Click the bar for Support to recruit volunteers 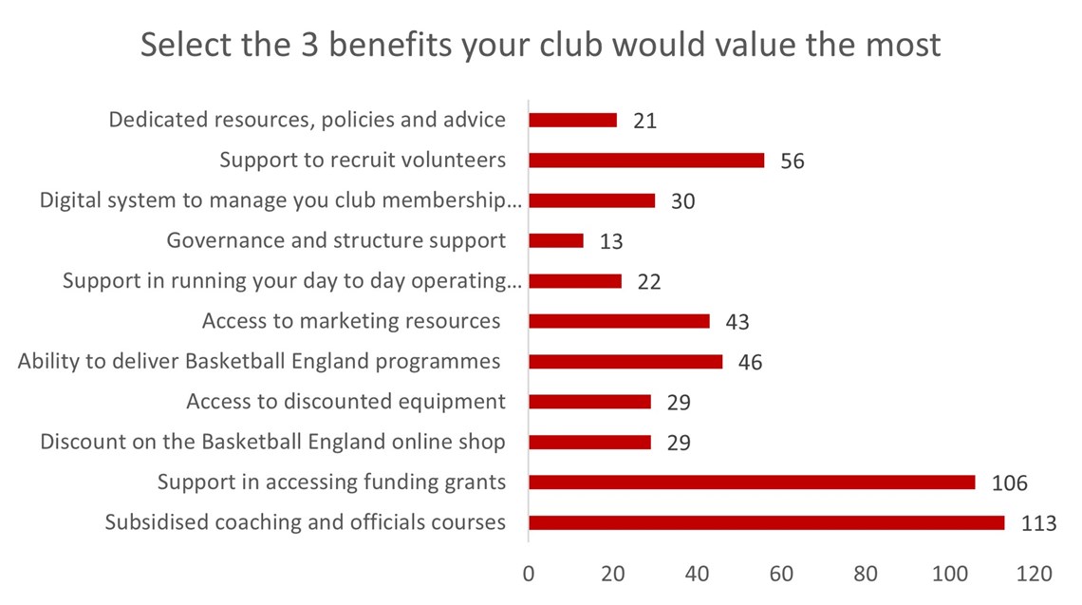click(x=645, y=161)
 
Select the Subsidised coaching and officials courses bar click(x=766, y=522)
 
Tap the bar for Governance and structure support click(x=555, y=241)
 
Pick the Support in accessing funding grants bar click(x=751, y=482)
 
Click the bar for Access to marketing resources click(x=619, y=321)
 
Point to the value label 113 click(x=1038, y=523)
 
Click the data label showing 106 click(x=1009, y=483)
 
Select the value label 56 click(x=792, y=161)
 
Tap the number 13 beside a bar click(x=610, y=242)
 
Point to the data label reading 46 click(x=750, y=363)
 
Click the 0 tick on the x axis click(x=529, y=575)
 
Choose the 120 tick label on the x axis click(x=1034, y=575)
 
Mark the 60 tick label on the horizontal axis click(x=781, y=575)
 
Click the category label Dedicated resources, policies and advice click(x=307, y=121)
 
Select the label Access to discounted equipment click(x=345, y=402)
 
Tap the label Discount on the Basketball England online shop click(x=272, y=442)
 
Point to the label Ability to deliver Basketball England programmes click(x=259, y=362)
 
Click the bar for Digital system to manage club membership click(x=591, y=200)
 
